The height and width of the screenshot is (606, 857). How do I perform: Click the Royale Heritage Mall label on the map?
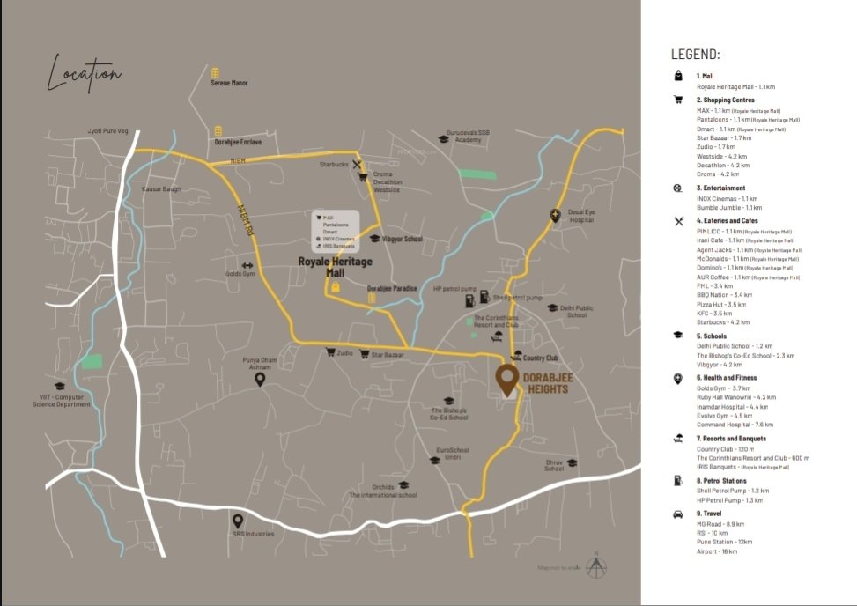coord(335,267)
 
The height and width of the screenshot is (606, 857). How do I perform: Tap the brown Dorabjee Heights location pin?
coord(506,380)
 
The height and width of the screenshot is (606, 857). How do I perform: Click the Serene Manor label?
coord(229,83)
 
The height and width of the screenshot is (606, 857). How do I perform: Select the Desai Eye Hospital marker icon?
coord(555,214)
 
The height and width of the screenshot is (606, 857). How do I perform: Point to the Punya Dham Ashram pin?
coord(261,380)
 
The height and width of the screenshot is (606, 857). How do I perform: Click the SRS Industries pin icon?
coord(237,521)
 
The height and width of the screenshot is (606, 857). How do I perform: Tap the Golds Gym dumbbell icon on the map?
coord(247,265)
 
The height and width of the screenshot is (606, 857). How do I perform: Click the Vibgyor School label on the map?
coord(402,239)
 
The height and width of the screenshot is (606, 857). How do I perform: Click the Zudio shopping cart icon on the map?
coord(330,352)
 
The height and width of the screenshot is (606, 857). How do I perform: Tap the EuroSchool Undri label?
coord(453,454)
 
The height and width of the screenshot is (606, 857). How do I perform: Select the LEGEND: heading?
coord(696,55)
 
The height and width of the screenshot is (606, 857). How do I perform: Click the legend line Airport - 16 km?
coord(717,551)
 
